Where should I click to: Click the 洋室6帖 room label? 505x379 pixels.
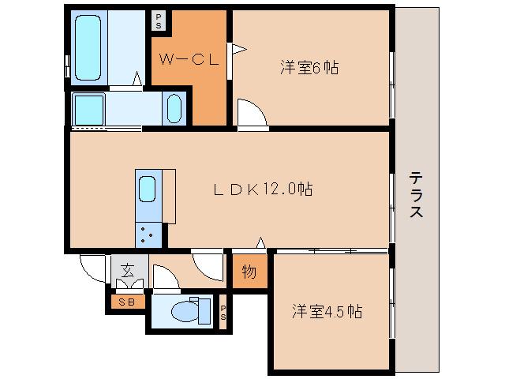[x=309, y=68]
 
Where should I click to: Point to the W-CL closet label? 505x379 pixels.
[x=188, y=59]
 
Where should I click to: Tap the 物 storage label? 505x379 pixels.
[x=249, y=272]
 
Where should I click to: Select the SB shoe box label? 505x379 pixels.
[x=126, y=301]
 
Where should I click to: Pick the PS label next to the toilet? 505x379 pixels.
[x=223, y=313]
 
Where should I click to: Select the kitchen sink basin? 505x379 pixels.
[x=148, y=189]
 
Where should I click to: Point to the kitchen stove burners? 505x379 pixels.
[x=148, y=232]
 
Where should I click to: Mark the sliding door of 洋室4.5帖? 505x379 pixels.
[x=331, y=250]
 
